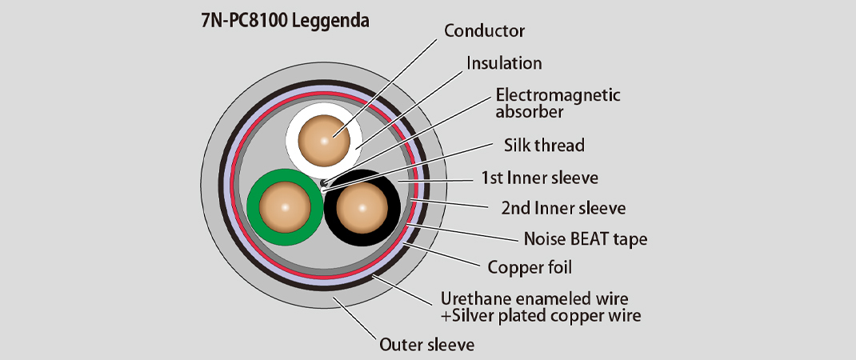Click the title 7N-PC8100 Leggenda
click(x=285, y=20)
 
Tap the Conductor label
click(x=484, y=31)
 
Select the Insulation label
click(x=504, y=62)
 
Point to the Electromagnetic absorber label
click(x=558, y=102)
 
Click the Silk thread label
click(x=544, y=146)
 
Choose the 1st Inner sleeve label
click(x=539, y=177)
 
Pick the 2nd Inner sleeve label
click(x=563, y=208)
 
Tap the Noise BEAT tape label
click(x=585, y=238)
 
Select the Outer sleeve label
click(x=426, y=345)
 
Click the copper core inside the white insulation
click(x=324, y=140)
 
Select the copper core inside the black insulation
click(x=362, y=206)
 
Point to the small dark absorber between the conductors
click(x=322, y=184)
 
